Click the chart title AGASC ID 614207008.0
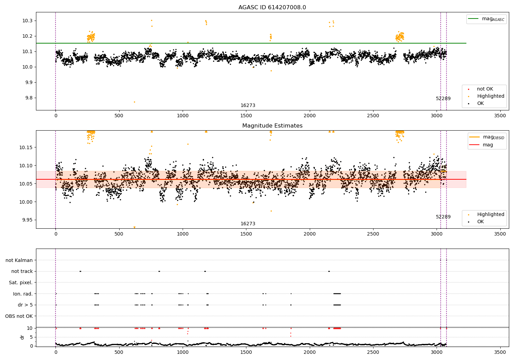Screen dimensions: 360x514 [x=272, y=8]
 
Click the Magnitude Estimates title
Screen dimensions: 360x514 [x=272, y=126]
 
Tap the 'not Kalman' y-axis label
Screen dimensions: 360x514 [x=19, y=260]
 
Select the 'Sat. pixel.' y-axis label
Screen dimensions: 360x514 [x=21, y=283]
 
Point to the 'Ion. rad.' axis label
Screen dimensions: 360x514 [x=23, y=294]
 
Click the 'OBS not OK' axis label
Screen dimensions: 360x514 [x=19, y=316]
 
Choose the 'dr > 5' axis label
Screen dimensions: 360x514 [x=25, y=305]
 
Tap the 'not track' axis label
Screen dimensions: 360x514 [x=22, y=271]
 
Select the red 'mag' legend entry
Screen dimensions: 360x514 [x=488, y=145]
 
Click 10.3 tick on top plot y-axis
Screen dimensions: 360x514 [x=27, y=21]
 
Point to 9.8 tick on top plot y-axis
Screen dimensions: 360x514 [x=28, y=98]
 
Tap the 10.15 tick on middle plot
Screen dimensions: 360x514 [x=26, y=147]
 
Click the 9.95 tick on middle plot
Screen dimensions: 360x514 [x=27, y=220]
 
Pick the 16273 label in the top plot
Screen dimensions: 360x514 [x=248, y=106]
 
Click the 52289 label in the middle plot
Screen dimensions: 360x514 [x=443, y=217]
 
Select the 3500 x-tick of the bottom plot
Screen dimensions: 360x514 [x=500, y=352]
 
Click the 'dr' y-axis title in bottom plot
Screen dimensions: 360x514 [x=22, y=337]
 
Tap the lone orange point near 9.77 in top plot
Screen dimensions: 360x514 [x=134, y=102]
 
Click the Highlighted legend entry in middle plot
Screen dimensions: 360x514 [x=490, y=215]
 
